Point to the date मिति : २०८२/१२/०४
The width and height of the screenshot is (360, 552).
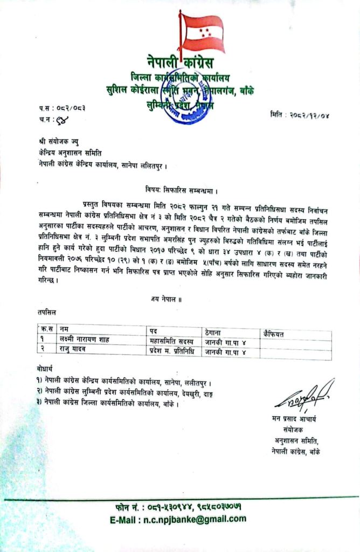click(308, 115)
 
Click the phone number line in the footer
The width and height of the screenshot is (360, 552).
click(180, 508)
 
